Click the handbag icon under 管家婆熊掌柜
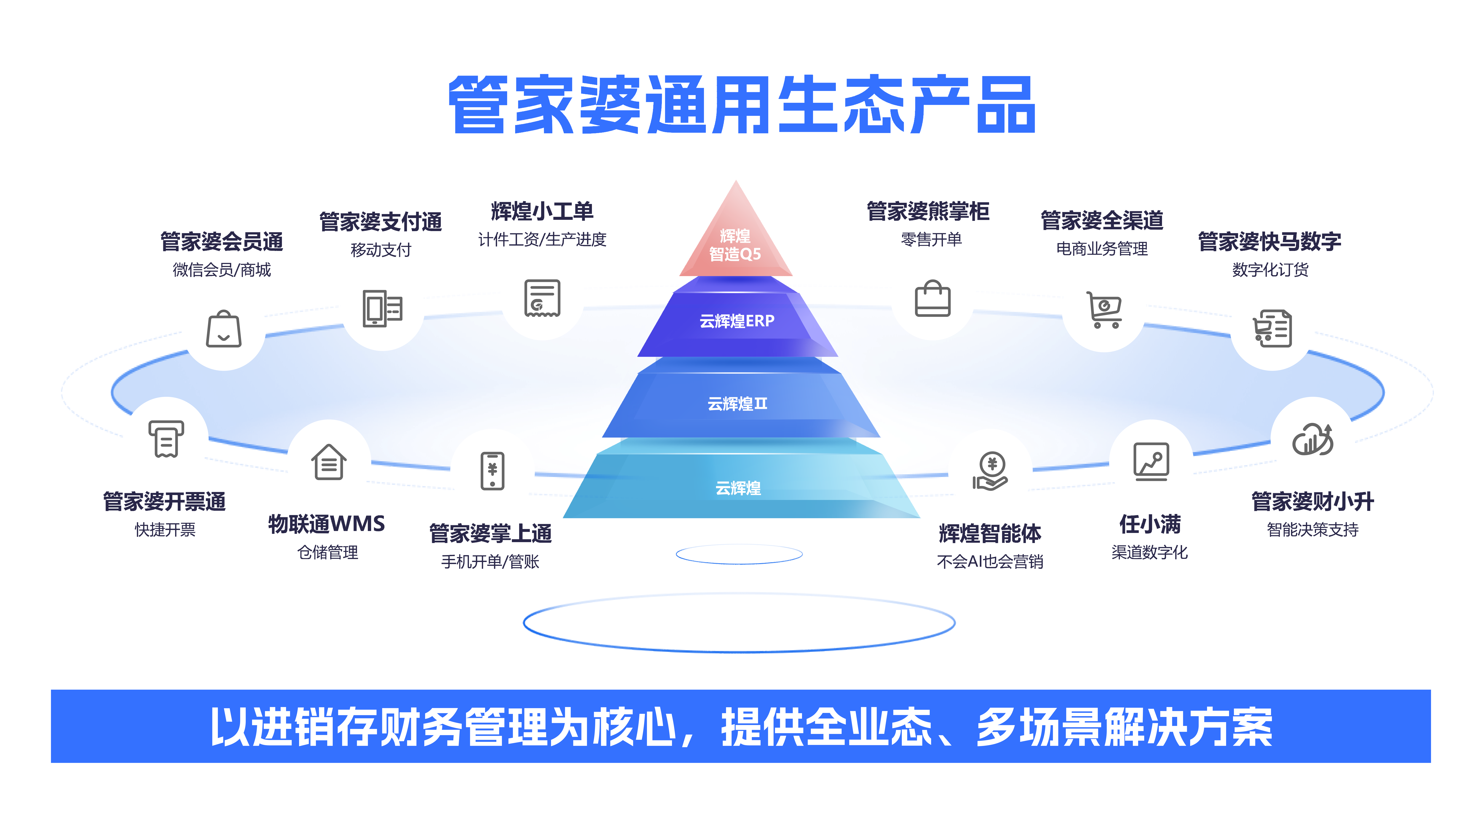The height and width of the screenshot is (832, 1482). coord(933,298)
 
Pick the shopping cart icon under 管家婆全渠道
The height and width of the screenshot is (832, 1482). coord(1103,309)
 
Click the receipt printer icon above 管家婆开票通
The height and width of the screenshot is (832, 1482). coord(166,439)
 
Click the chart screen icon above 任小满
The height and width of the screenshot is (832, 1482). coord(1151,462)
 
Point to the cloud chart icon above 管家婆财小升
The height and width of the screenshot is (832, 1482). coord(1312,439)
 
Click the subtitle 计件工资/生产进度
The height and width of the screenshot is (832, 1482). coord(542,239)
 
